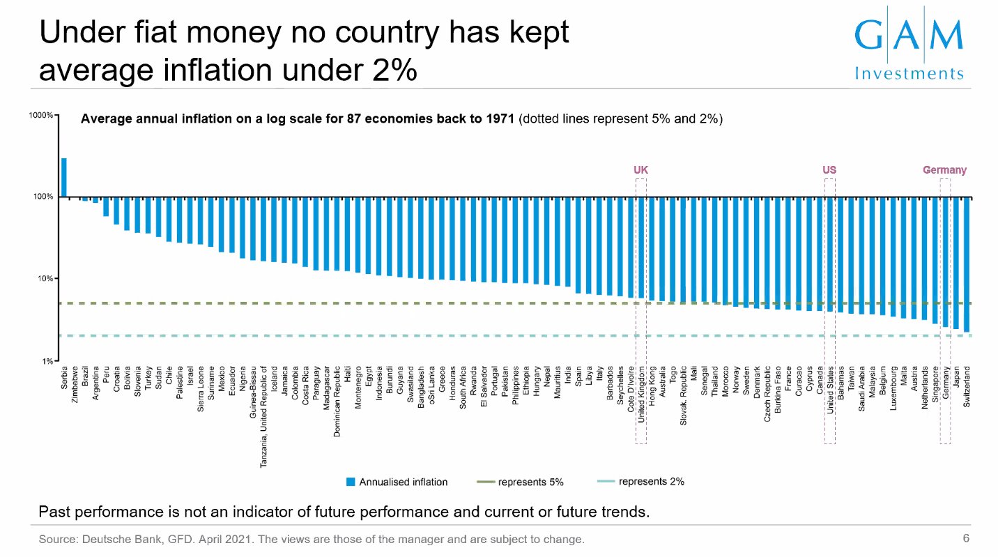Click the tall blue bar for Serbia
[64, 177]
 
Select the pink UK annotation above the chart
[640, 170]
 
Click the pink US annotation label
[829, 170]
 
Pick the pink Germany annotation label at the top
[944, 170]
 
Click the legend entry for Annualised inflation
[397, 482]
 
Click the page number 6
[966, 538]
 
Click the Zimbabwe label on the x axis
[75, 388]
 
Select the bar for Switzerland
[967, 264]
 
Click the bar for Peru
[106, 207]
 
